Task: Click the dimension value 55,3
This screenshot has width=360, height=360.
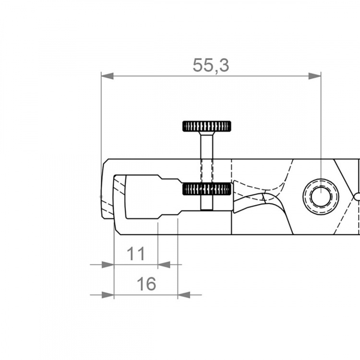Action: point(211,65)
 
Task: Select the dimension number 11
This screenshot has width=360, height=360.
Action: point(136,253)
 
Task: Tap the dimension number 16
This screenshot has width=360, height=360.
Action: point(146,284)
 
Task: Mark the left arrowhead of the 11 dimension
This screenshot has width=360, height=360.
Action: point(108,264)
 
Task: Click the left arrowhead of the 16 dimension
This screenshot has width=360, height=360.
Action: point(108,295)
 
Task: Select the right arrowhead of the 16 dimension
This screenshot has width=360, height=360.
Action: point(184,295)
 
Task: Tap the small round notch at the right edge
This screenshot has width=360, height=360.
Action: point(357,197)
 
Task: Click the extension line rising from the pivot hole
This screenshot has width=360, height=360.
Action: point(321,125)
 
